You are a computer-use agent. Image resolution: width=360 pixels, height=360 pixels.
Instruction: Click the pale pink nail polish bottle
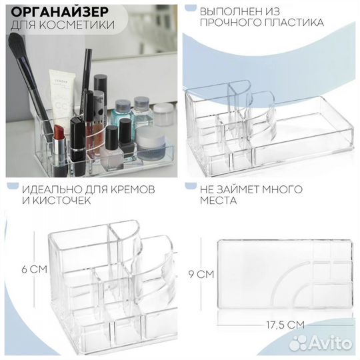click(112, 153)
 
